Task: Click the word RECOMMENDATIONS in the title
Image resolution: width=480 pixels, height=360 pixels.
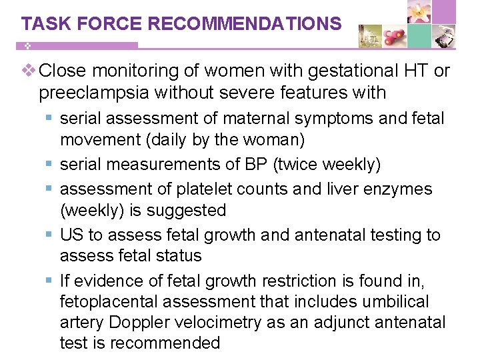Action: (245, 24)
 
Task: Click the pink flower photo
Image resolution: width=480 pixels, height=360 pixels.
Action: (419, 13)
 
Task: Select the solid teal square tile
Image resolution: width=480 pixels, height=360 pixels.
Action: (419, 36)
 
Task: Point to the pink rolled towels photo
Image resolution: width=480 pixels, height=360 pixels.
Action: (395, 36)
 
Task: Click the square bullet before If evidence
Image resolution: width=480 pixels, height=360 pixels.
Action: (49, 281)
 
